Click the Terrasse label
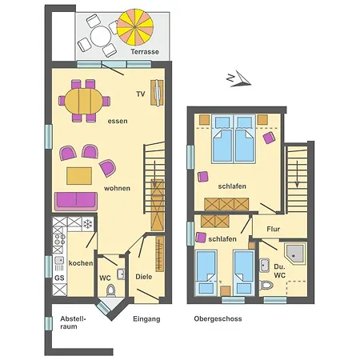point(146,51)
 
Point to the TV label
point(140,94)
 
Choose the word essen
point(118,121)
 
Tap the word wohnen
point(117,188)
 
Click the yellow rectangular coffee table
point(78,174)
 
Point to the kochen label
point(80,263)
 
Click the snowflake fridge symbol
point(86,223)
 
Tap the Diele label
point(144,277)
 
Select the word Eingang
point(146,318)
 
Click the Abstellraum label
point(73,322)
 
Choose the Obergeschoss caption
point(218,318)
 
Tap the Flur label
point(274,228)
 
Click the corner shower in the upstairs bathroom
point(295,254)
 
